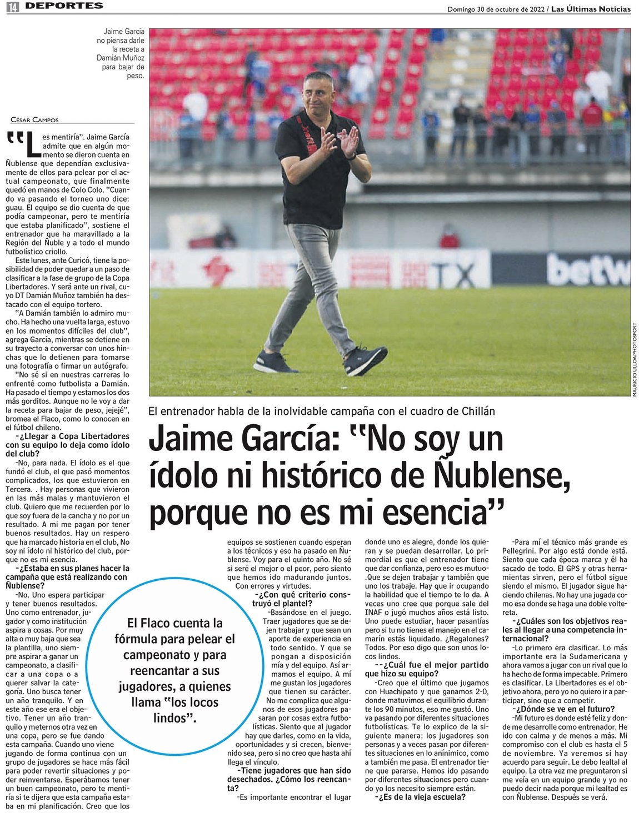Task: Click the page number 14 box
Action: tap(13, 7)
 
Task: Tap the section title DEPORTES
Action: tap(64, 6)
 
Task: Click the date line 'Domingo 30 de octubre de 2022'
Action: tap(496, 9)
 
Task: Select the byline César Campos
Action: tap(34, 120)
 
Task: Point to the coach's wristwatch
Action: tap(351, 155)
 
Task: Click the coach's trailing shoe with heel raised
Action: tap(365, 359)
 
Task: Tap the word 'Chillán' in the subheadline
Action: tap(478, 411)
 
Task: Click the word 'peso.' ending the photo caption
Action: tap(136, 76)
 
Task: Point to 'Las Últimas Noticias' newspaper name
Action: tap(591, 9)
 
